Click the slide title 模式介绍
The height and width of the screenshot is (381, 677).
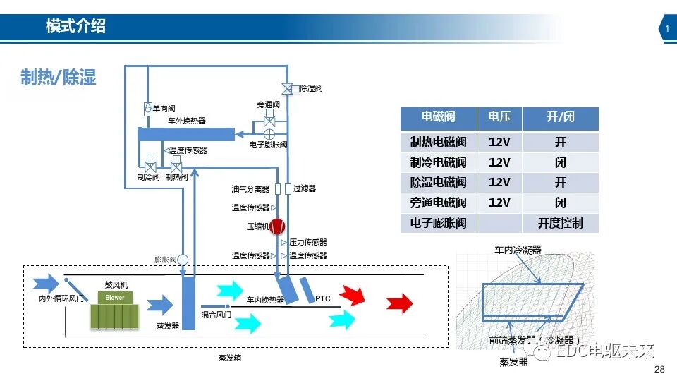pos(75,27)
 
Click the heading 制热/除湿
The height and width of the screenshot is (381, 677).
pos(59,77)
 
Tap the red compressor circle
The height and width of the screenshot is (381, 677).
pos(277,226)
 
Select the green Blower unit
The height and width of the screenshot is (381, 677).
pos(115,311)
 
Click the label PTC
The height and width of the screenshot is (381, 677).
pos(322,299)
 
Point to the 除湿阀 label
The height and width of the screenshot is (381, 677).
pos(311,89)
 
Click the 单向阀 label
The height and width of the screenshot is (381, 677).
pos(163,109)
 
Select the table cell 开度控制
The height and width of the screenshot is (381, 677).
pos(560,223)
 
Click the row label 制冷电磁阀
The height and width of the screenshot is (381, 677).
pos(438,162)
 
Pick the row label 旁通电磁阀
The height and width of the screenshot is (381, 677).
pos(438,202)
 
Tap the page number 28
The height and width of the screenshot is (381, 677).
pos(660,370)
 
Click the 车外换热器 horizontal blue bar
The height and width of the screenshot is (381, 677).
pos(185,134)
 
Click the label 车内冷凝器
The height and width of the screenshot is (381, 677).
pos(518,250)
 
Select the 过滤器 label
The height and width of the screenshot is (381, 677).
pos(305,189)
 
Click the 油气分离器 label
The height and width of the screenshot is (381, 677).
pos(250,189)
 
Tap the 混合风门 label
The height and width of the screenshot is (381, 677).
pos(216,314)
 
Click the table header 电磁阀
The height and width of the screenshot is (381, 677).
pos(438,117)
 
